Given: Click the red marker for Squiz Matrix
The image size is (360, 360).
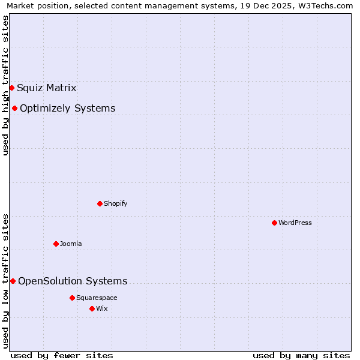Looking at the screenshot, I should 11,88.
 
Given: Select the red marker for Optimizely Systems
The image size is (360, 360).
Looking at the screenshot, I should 14,108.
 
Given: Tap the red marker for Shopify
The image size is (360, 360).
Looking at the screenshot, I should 100,203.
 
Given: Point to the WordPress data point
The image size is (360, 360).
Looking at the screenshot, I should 274,223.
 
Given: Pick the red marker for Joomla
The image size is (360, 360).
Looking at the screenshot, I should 56,244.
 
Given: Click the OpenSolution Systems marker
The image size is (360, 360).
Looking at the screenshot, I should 13,281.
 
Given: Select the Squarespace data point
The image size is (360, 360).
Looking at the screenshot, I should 72,298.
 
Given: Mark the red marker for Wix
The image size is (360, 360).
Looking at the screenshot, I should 92,308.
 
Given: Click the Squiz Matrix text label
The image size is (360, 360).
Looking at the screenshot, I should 46,88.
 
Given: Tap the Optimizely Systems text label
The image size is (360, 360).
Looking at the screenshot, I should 67,109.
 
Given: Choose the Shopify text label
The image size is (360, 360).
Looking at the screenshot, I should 115,204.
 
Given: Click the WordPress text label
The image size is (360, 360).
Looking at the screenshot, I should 295,223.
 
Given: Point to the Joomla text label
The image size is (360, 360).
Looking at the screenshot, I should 71,244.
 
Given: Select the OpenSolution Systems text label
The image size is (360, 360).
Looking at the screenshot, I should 73,281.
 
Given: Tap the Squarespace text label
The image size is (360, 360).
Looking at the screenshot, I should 97,298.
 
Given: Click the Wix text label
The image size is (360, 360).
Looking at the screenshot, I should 102,309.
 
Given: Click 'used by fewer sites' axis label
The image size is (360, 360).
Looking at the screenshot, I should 62,355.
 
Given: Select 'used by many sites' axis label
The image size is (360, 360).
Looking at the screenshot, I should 301,355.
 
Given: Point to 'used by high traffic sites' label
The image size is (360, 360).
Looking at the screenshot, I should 5,85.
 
